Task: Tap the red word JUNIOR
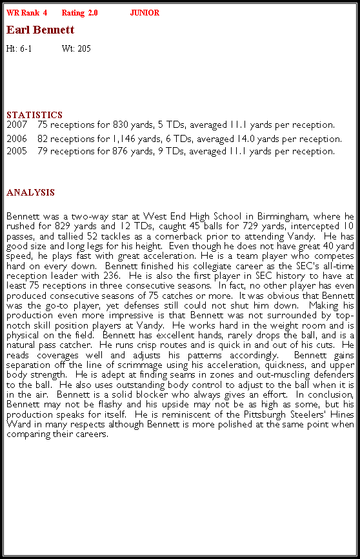click(x=145, y=13)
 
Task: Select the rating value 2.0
click(x=93, y=13)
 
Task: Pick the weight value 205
click(x=84, y=48)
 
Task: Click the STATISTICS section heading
click(x=34, y=115)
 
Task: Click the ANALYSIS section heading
click(x=30, y=192)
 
